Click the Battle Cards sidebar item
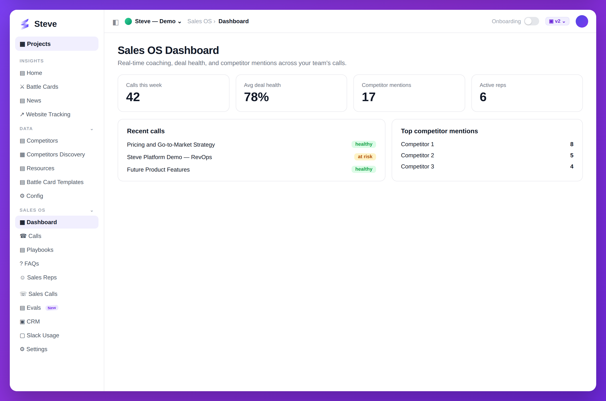click(x=39, y=87)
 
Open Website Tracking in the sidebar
click(x=45, y=114)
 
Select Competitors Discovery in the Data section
click(x=52, y=154)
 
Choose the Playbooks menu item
click(x=37, y=250)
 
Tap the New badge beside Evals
click(x=52, y=308)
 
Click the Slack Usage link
click(x=39, y=335)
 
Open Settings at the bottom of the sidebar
click(x=33, y=349)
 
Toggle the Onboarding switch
click(x=531, y=21)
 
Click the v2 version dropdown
click(x=557, y=21)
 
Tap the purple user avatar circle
click(x=582, y=21)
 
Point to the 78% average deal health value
click(x=256, y=97)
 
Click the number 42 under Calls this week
click(x=133, y=97)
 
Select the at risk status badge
click(x=365, y=157)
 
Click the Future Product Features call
click(x=158, y=170)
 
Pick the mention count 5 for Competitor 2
click(x=572, y=155)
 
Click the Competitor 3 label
click(x=417, y=166)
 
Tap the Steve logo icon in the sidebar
click(x=25, y=24)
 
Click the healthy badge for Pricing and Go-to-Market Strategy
click(x=364, y=144)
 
